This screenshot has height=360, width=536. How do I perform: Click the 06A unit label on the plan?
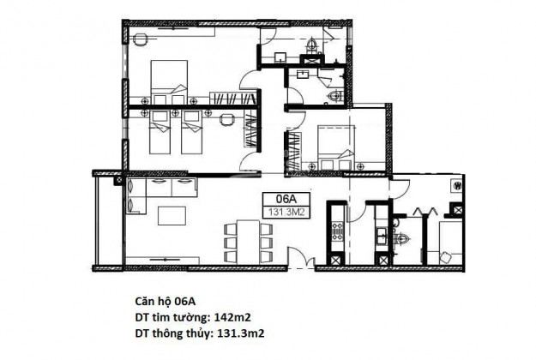click(286, 200)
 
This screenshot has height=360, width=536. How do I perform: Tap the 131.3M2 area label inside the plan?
click(286, 212)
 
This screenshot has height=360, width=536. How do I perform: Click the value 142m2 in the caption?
click(232, 317)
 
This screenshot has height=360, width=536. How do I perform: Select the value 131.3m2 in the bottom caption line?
click(241, 333)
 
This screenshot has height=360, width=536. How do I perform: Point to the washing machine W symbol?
click(457, 186)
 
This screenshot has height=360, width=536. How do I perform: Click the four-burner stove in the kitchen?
click(337, 231)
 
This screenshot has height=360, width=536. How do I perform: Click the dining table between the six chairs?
click(248, 242)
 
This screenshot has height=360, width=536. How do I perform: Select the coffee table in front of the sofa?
click(172, 216)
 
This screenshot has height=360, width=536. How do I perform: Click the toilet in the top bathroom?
click(311, 45)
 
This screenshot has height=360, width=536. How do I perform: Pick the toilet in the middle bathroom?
click(334, 96)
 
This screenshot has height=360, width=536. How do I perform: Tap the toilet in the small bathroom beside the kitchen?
click(402, 237)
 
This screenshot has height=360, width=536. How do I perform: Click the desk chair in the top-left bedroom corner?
click(141, 39)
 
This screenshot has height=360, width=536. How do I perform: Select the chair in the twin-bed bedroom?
click(226, 119)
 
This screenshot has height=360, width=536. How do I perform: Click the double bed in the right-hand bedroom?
click(336, 148)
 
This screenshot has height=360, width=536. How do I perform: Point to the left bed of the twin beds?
click(159, 132)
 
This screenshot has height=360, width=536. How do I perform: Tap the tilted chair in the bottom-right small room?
click(446, 256)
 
